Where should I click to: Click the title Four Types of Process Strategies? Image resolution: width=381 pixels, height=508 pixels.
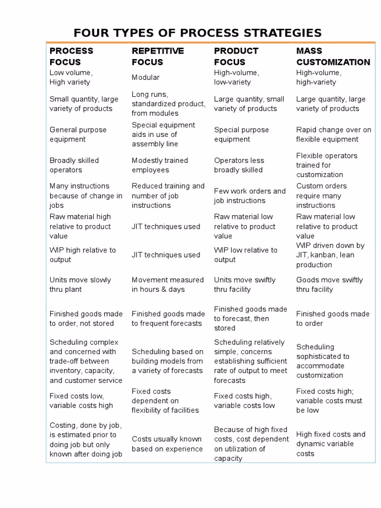point(197,33)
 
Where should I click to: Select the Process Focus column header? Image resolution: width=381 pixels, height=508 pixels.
point(71,56)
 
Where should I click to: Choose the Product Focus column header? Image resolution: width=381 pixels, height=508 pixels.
point(236,56)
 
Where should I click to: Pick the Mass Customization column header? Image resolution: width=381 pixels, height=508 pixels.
point(333,56)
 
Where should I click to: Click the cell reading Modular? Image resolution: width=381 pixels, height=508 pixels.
point(145,77)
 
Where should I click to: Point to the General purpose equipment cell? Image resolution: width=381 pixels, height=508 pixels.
point(78,134)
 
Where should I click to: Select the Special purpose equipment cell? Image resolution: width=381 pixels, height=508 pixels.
point(242,134)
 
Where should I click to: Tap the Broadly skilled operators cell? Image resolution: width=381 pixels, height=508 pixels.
point(74,165)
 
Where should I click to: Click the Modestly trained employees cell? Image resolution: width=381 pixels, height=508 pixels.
point(160,165)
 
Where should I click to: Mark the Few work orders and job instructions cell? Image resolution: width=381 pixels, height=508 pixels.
point(250,196)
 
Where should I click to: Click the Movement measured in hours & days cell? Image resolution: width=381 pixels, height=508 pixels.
point(168,285)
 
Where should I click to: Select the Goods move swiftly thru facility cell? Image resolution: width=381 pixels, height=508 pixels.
point(329,285)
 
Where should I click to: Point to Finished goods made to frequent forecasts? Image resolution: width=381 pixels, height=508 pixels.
point(168,318)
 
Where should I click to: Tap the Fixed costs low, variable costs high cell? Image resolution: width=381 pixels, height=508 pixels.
point(81,401)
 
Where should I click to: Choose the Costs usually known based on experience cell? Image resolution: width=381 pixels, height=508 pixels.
point(167,444)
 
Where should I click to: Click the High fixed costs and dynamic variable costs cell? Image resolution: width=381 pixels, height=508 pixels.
point(330,444)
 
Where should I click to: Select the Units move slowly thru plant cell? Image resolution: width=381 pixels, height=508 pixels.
point(80,285)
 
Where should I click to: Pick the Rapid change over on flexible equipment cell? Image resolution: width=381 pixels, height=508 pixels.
point(333,134)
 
